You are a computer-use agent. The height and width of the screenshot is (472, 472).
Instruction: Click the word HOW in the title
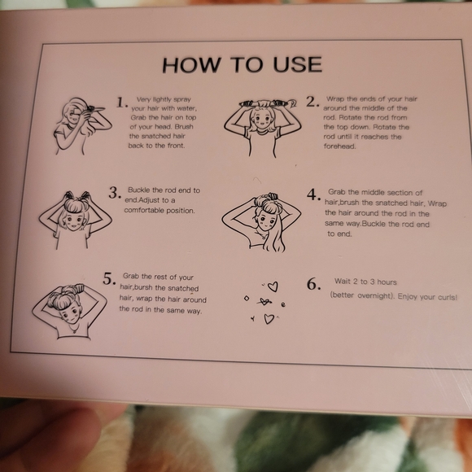tap(191, 65)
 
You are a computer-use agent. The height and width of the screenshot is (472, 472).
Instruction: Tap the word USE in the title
tap(297, 63)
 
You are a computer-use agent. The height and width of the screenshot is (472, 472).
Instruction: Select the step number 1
tap(121, 103)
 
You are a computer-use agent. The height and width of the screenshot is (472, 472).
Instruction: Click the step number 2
tap(312, 102)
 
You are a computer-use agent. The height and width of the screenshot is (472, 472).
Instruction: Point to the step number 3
tap(115, 193)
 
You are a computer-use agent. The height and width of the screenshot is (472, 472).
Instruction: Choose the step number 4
tap(313, 194)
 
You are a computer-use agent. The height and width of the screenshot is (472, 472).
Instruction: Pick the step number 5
tap(109, 278)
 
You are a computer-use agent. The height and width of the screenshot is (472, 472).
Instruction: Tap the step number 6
tap(314, 284)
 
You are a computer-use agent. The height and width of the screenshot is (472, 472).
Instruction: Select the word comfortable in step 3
tap(144, 211)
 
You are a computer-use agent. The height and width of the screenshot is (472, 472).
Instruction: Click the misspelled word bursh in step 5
tap(143, 287)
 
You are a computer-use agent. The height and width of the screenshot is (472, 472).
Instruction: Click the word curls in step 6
tap(448, 297)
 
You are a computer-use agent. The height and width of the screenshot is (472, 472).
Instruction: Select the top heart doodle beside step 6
tap(273, 286)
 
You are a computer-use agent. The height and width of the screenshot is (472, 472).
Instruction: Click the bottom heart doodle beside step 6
tap(269, 319)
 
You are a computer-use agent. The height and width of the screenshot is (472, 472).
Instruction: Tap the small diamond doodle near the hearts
tap(247, 299)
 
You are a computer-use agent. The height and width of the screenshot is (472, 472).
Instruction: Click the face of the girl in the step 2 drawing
tap(262, 120)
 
